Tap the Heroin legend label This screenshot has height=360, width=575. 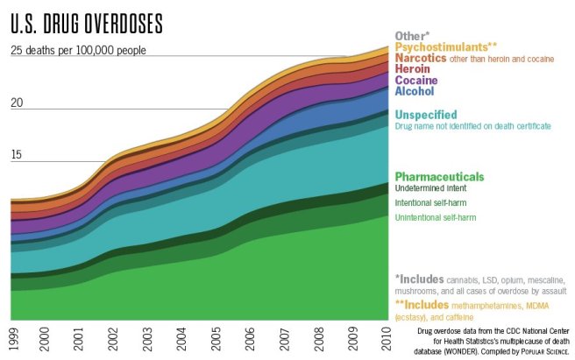[412, 68]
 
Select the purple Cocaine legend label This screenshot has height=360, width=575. [415, 80]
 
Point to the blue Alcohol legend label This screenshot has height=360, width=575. [414, 91]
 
